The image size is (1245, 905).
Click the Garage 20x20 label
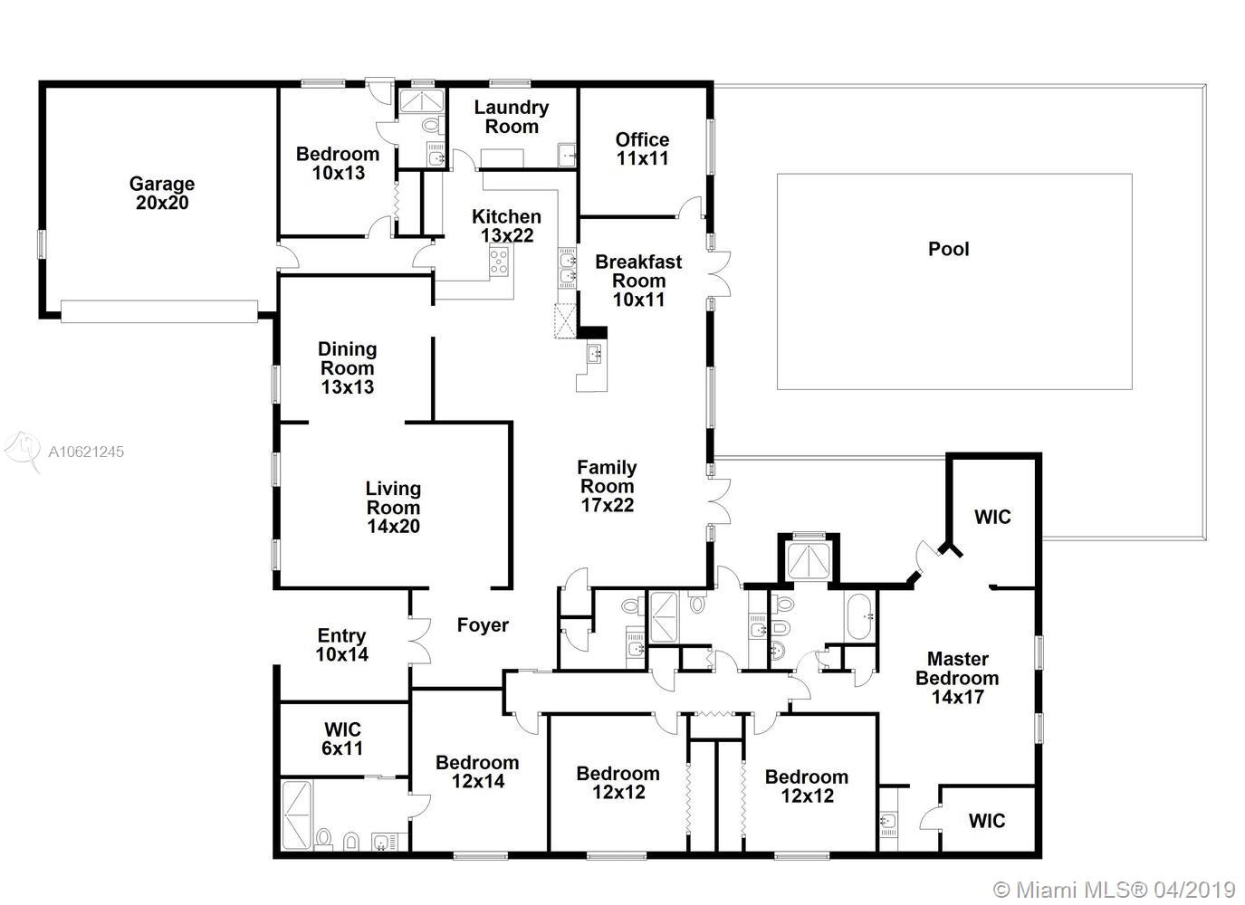point(162,193)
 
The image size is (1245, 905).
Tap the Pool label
point(948,249)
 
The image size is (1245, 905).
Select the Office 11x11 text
point(642,149)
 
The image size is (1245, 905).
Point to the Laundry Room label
point(512,117)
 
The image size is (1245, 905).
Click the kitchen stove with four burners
point(499,262)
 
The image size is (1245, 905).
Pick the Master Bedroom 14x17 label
point(957,678)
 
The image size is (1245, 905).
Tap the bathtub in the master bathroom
point(860,617)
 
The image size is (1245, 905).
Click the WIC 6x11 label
point(342,738)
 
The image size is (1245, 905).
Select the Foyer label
point(483,625)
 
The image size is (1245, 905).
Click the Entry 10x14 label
point(342,644)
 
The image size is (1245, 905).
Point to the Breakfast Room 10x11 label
point(638,281)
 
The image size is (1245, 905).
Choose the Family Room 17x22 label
point(607,486)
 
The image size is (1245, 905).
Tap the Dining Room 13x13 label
point(348,367)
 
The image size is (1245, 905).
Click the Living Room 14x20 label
point(393,507)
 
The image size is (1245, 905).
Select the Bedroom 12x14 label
point(477,772)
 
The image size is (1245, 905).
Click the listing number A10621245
point(86,452)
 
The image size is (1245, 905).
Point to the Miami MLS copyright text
point(1114,890)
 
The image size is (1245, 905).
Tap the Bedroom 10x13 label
point(338,163)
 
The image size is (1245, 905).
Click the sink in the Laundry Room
point(567,155)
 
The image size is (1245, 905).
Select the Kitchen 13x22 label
point(506,225)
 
